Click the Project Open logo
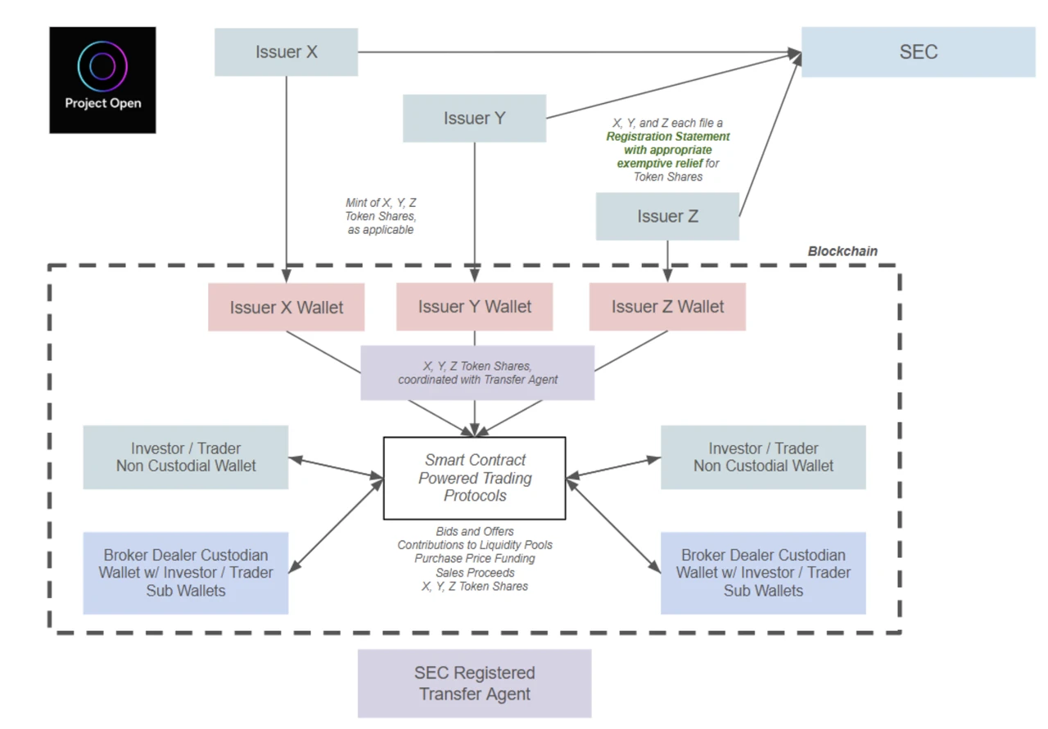102,80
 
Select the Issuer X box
286,52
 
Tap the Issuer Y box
474,119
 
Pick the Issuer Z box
667,217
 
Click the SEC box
918,52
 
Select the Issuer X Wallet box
286,308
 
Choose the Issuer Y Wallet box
474,307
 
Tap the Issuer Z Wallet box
667,307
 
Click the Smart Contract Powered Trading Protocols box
475,478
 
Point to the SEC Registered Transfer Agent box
474,683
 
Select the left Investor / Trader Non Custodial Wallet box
186,457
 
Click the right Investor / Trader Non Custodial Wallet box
763,457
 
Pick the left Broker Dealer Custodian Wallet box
186,573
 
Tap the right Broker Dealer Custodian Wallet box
763,573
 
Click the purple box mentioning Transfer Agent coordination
477,373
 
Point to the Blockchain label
842,251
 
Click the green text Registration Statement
667,137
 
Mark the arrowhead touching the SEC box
795,54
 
